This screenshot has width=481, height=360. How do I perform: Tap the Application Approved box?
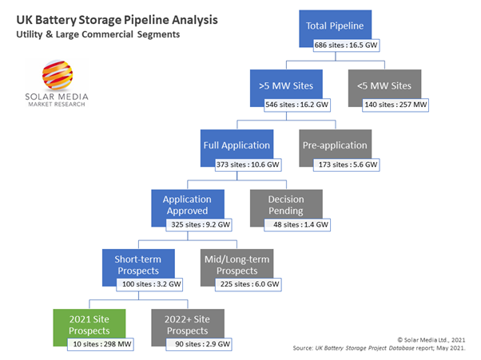tap(186, 204)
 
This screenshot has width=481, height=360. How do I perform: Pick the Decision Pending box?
tap(285, 204)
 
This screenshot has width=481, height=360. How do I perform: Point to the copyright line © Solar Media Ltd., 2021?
tap(439, 339)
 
